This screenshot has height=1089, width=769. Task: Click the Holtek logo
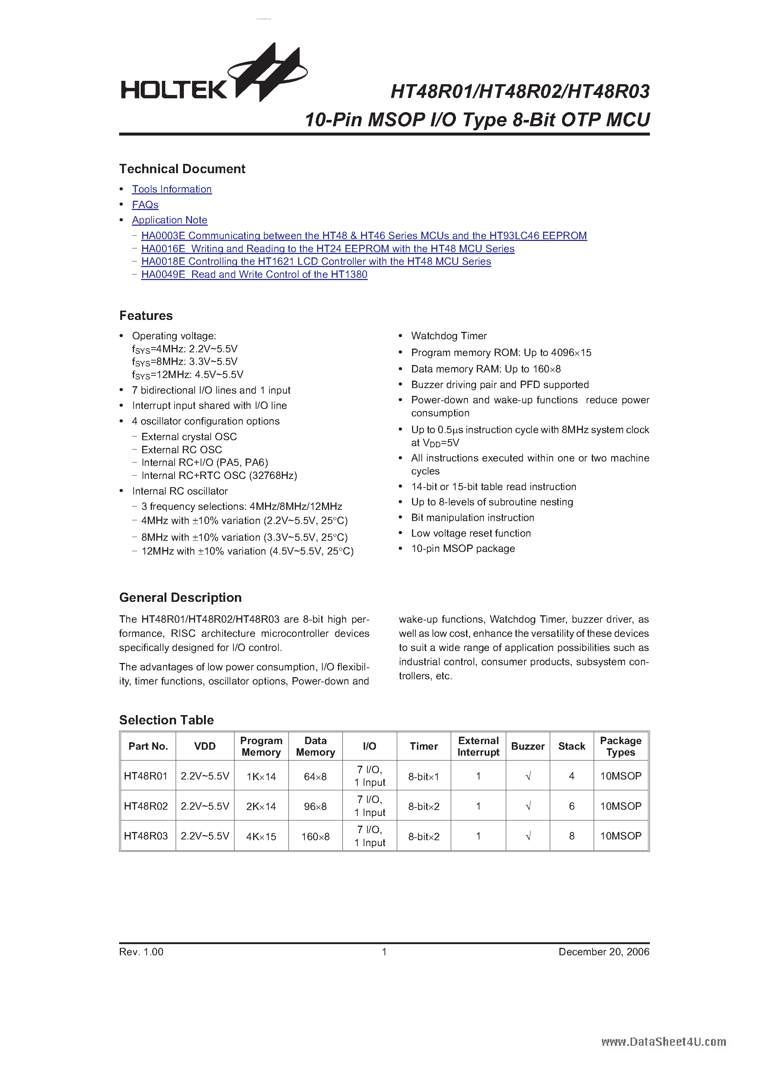(213, 76)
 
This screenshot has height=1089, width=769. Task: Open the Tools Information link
(172, 189)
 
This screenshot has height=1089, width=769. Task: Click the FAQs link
(145, 205)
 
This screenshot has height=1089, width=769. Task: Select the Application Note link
(169, 220)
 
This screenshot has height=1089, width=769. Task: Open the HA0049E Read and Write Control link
(254, 274)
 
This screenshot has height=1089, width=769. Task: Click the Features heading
(146, 316)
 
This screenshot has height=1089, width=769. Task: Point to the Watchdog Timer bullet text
(449, 336)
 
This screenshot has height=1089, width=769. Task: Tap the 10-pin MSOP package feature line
(463, 549)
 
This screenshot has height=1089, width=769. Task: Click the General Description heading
(180, 598)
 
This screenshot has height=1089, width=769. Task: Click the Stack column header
(571, 747)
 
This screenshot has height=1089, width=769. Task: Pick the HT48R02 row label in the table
(146, 806)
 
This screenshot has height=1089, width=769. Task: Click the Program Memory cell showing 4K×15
(261, 836)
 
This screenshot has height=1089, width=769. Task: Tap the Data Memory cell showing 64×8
(315, 777)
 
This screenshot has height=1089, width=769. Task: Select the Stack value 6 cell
(571, 806)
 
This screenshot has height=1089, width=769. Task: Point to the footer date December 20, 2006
(603, 952)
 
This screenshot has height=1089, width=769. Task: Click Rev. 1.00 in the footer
(141, 952)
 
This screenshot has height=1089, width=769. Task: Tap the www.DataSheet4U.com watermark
(663, 1042)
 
